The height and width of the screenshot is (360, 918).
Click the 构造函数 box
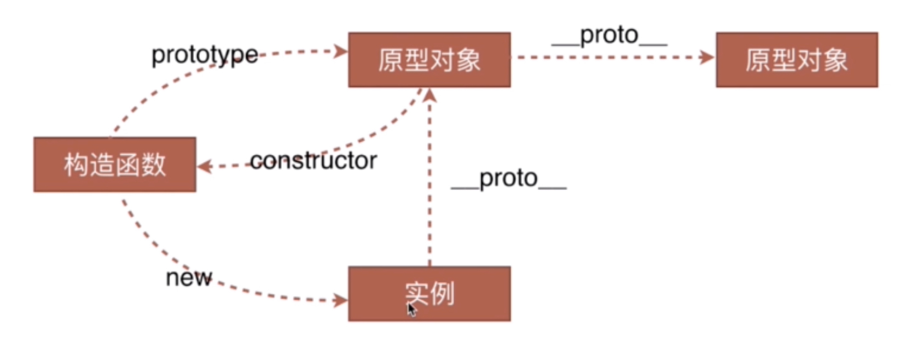(x=114, y=164)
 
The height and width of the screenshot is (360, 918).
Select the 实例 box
(x=429, y=293)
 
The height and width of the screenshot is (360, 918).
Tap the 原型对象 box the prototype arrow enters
(x=429, y=60)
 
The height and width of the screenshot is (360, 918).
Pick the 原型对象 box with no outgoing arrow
(x=797, y=60)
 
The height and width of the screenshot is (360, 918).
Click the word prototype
(x=204, y=55)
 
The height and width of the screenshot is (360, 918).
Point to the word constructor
(x=313, y=161)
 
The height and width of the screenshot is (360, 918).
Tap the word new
(x=189, y=277)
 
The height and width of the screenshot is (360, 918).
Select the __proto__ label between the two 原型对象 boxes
(x=609, y=36)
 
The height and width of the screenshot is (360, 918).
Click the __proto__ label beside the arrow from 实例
(x=508, y=179)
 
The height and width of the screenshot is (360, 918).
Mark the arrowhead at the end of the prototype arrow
(x=341, y=51)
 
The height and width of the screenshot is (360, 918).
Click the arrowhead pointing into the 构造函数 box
(x=204, y=166)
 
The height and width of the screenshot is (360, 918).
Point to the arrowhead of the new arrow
(x=341, y=300)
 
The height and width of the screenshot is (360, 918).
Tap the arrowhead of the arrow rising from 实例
(x=430, y=95)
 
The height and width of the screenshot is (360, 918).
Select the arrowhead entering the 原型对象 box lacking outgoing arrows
(x=708, y=57)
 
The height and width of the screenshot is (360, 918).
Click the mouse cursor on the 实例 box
(x=411, y=310)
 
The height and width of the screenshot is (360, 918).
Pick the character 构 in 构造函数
(x=76, y=164)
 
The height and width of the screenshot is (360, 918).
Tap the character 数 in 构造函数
(x=153, y=164)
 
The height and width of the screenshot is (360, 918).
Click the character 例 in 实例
(x=442, y=294)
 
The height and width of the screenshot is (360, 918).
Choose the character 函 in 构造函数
(x=127, y=164)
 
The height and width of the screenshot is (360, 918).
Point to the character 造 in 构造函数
(x=102, y=164)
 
